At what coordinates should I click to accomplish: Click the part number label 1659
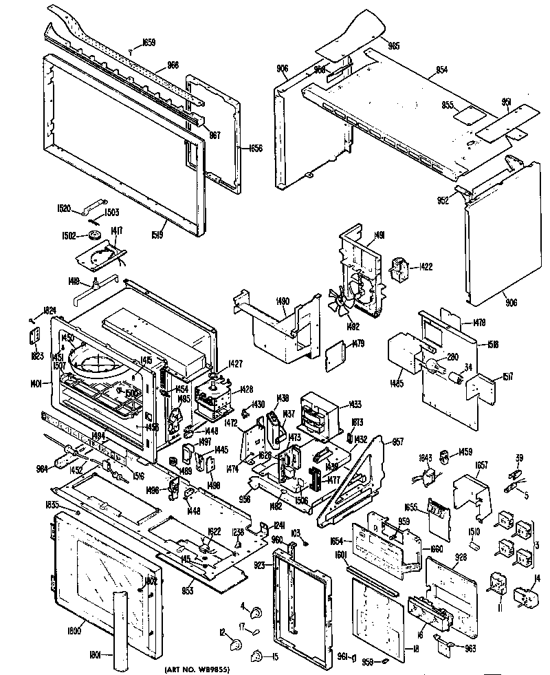[148, 43]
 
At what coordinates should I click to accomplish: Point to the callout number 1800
[75, 631]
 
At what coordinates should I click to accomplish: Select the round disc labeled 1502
[94, 236]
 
